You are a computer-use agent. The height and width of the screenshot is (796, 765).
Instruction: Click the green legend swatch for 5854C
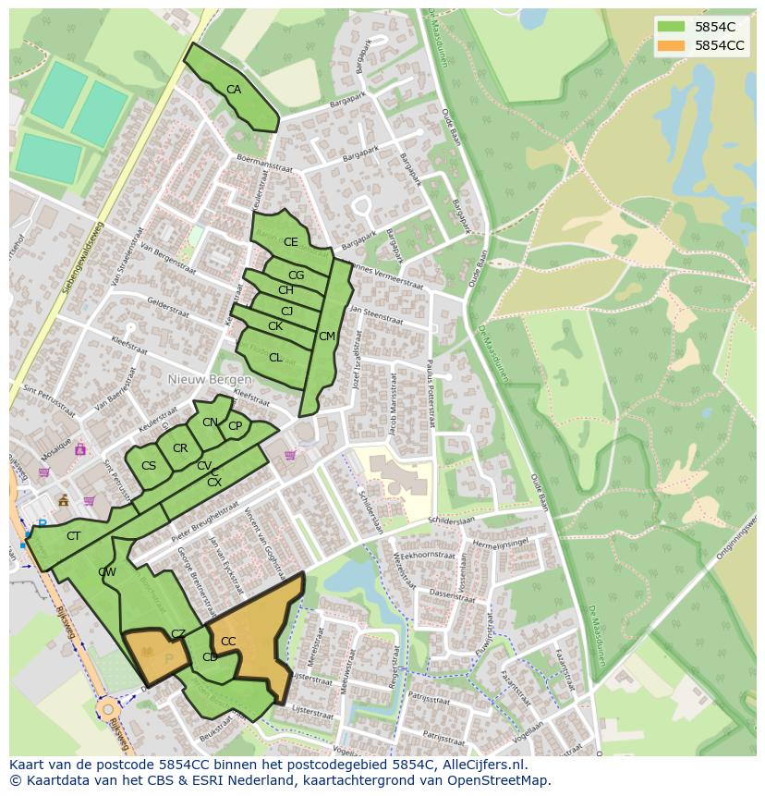pyautogui.click(x=672, y=27)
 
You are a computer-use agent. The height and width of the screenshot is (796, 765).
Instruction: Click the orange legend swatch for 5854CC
pyautogui.click(x=672, y=45)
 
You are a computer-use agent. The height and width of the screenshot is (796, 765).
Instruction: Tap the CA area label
pyautogui.click(x=234, y=90)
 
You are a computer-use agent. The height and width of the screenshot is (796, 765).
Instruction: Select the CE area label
pyautogui.click(x=291, y=242)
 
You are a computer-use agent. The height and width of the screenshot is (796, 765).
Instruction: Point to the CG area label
pyautogui.click(x=296, y=276)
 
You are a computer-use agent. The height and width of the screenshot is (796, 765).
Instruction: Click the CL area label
pyautogui.click(x=275, y=358)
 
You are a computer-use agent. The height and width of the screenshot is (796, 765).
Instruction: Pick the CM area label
pyautogui.click(x=326, y=337)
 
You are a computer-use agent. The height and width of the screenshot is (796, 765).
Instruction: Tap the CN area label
pyautogui.click(x=210, y=422)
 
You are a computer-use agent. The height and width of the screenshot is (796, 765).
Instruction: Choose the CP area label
pyautogui.click(x=235, y=426)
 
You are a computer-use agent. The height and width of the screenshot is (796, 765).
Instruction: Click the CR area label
pyautogui.click(x=180, y=448)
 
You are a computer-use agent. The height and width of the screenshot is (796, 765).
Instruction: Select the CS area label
pyautogui.click(x=149, y=466)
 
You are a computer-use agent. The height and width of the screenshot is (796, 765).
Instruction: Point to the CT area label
pyautogui.click(x=74, y=536)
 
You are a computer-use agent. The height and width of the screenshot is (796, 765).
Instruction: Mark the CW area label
pyautogui.click(x=107, y=572)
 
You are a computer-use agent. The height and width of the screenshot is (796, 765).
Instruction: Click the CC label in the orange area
pyautogui.click(x=228, y=642)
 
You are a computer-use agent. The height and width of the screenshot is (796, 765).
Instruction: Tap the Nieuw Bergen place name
pyautogui.click(x=210, y=380)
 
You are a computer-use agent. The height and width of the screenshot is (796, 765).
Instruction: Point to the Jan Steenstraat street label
pyautogui.click(x=377, y=315)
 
